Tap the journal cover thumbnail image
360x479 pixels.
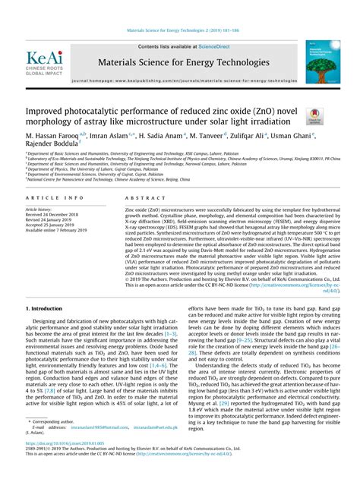coord(322,61)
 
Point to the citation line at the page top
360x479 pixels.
coord(181,31)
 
